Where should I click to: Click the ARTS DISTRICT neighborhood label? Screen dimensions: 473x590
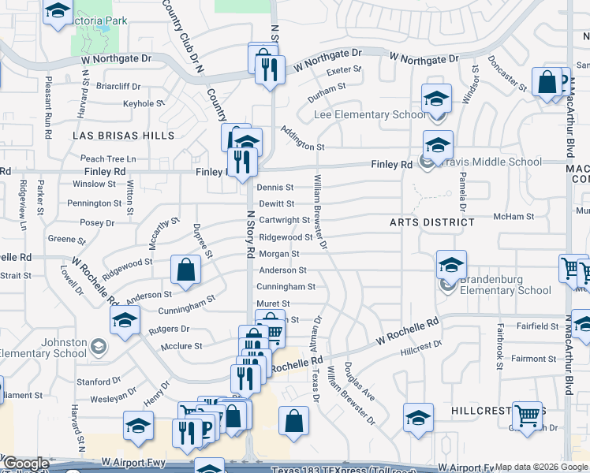click(432, 222)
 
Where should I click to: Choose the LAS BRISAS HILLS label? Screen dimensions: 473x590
click(123, 136)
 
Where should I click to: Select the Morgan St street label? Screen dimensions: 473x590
click(279, 254)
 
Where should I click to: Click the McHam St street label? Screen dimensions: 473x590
click(509, 216)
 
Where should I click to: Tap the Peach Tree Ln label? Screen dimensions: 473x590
click(108, 159)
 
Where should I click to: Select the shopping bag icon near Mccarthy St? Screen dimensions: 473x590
click(185, 270)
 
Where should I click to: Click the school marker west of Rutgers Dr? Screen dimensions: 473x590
click(125, 320)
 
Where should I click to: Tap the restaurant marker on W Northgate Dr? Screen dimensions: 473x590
click(270, 69)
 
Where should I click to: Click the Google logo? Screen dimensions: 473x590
click(25, 464)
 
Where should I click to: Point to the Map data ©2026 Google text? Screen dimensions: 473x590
click(542, 467)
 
